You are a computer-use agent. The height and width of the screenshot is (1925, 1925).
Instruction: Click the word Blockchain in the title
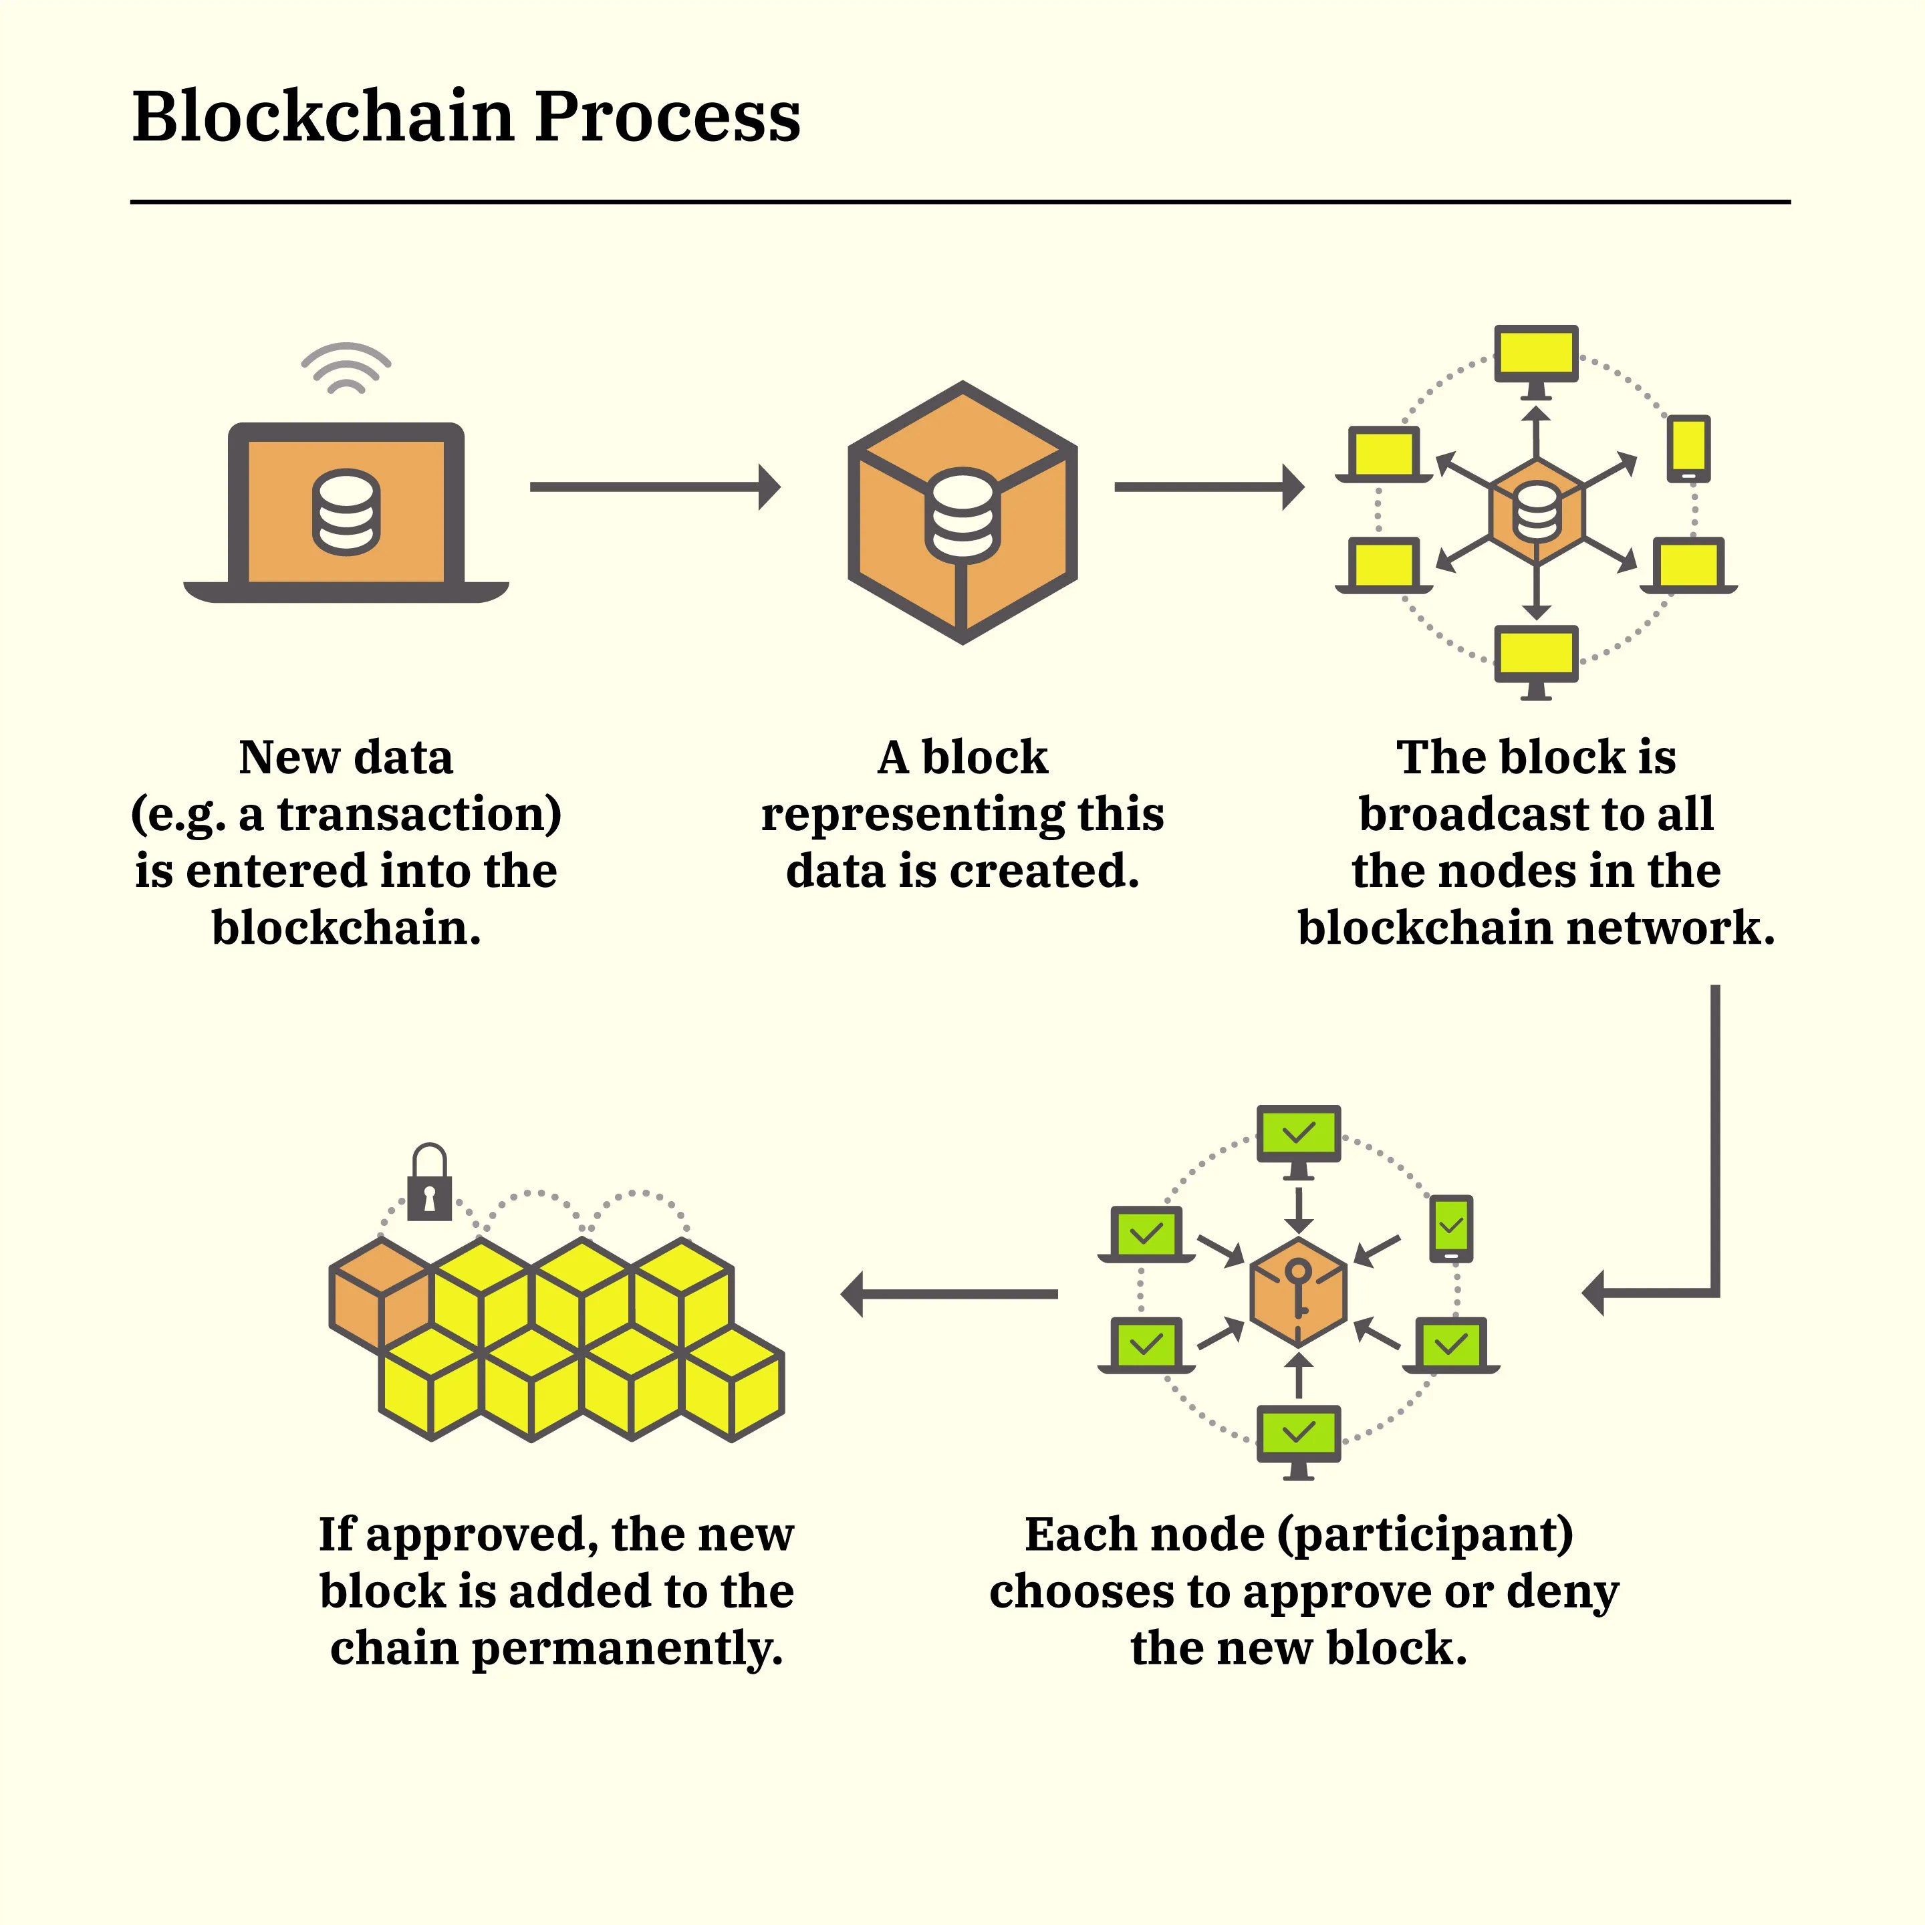pyautogui.click(x=326, y=116)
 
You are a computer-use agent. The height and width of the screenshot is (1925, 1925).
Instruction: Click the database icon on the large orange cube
pyautogui.click(x=962, y=515)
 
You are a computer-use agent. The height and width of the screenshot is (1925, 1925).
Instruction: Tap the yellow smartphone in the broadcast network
pyautogui.click(x=1688, y=447)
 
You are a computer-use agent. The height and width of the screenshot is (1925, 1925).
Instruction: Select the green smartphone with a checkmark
pyautogui.click(x=1450, y=1228)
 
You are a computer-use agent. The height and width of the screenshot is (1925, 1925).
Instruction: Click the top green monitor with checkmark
pyautogui.click(x=1298, y=1134)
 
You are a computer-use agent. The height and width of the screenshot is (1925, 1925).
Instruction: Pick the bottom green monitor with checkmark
pyautogui.click(x=1298, y=1434)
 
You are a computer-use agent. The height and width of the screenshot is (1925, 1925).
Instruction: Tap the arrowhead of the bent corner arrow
pyautogui.click(x=1594, y=1293)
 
